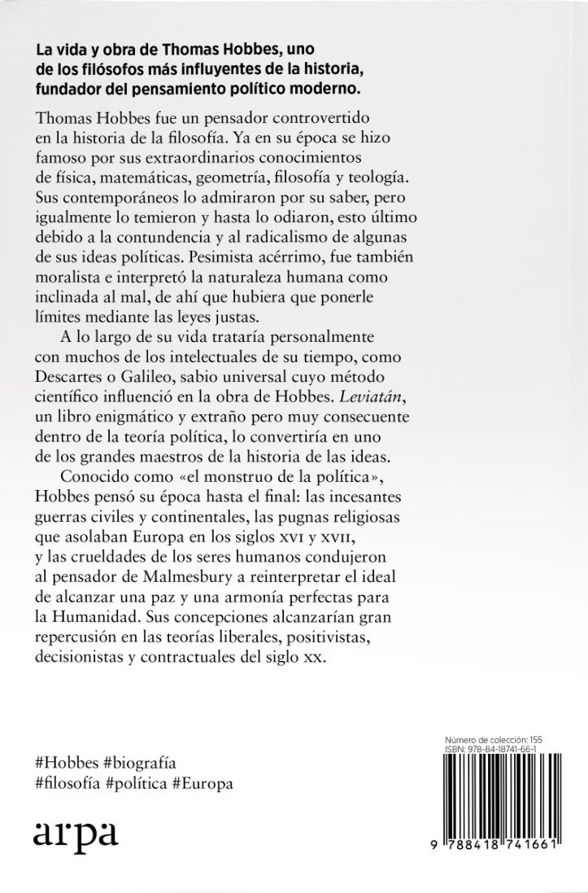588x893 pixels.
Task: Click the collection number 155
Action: coord(534,739)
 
